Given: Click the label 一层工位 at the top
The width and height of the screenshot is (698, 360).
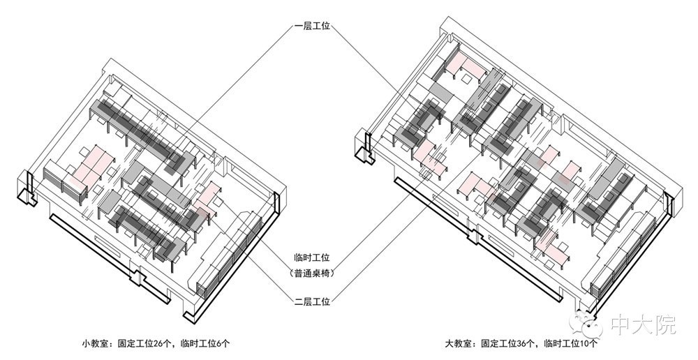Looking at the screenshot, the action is [x=312, y=27].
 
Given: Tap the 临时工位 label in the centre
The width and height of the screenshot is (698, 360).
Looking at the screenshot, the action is [x=312, y=257].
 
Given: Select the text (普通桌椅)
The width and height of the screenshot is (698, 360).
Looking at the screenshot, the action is [x=312, y=273].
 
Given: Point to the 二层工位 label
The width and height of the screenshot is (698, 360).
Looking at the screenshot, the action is [x=312, y=301].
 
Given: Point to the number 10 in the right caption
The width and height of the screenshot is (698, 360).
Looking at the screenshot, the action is [x=585, y=343].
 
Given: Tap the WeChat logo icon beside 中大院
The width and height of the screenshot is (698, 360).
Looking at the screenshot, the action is [x=588, y=323].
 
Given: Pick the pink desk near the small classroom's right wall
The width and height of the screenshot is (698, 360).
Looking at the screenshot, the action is [x=206, y=200].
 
